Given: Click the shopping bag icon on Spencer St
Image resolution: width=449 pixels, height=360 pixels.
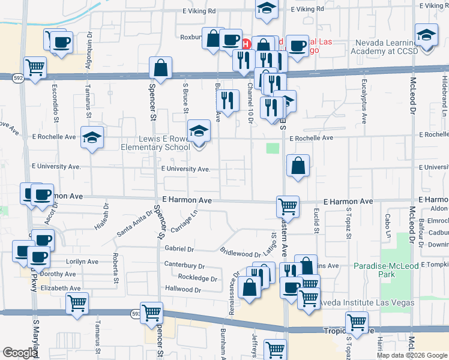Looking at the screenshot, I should click(161, 68).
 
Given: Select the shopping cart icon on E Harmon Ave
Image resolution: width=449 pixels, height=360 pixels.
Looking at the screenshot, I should click(288, 206).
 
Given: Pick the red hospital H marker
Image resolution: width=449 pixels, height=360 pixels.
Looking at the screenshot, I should click(245, 43).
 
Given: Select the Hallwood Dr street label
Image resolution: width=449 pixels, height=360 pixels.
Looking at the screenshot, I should click(184, 290).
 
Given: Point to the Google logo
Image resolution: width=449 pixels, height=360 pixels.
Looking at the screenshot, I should click(20, 353).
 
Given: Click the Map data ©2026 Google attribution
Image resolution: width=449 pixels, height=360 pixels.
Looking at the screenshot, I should click(412, 355).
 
